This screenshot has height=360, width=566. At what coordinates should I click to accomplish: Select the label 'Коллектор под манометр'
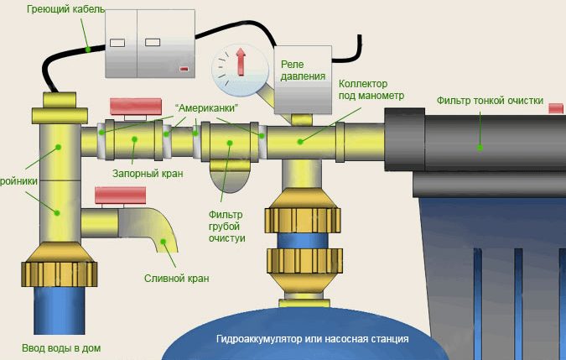pyautogui.click(x=371, y=90)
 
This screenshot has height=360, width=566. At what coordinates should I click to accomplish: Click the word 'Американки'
pyautogui.click(x=206, y=109)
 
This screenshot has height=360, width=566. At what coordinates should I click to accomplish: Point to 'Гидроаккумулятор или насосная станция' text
pyautogui.click(x=311, y=339)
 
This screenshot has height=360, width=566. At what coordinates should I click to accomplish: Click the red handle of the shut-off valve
pyautogui.click(x=137, y=107)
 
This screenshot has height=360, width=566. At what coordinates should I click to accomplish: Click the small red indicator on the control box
pyautogui.click(x=184, y=69)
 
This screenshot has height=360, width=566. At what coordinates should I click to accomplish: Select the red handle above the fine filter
pyautogui.click(x=555, y=107)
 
